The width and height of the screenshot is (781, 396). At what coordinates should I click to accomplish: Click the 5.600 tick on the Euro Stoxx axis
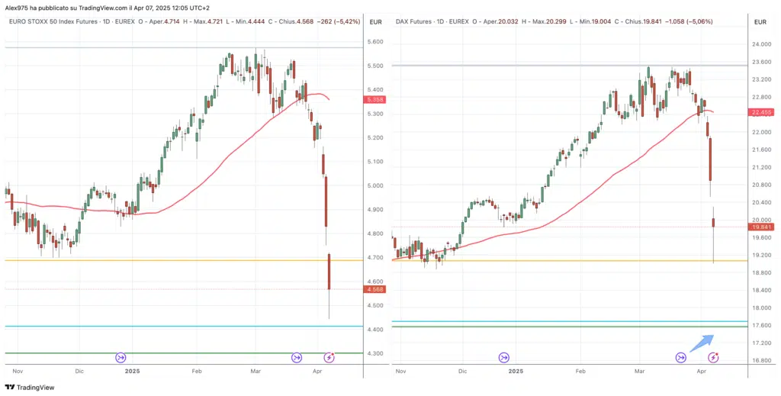point(375,42)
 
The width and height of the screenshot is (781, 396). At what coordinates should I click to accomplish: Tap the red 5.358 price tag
point(375,100)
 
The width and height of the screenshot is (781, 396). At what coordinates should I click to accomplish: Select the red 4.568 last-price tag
point(375,289)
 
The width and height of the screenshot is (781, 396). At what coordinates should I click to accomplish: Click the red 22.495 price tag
point(762,112)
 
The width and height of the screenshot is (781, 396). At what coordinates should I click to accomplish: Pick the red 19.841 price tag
point(762,227)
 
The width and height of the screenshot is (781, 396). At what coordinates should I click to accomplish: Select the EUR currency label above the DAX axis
point(760,22)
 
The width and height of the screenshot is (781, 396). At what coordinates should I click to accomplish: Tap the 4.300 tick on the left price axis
point(375,354)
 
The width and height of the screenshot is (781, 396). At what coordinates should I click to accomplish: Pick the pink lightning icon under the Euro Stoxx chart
point(329,357)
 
